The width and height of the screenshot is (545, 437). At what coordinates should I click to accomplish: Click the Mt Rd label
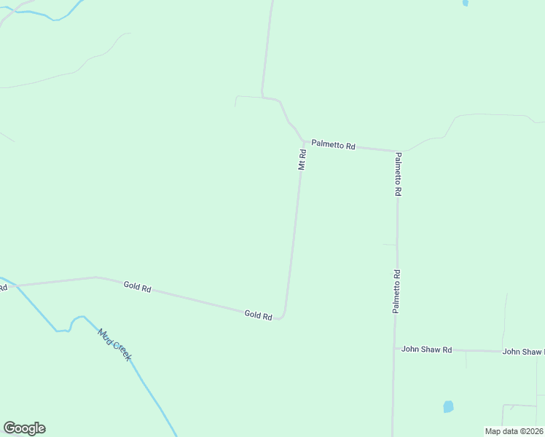302,160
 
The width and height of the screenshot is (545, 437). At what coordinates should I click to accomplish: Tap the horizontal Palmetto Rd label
333,146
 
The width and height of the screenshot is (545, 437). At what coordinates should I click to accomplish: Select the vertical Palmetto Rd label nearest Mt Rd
398,174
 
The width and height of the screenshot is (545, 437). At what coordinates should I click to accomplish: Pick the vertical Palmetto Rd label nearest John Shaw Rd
396,291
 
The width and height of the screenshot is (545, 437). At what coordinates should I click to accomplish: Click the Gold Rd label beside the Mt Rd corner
258,315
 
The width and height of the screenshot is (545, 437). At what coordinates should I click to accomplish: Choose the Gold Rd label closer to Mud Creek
137,288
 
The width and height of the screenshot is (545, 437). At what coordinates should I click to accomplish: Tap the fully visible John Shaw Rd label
427,350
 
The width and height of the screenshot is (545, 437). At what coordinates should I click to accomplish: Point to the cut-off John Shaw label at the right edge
523,352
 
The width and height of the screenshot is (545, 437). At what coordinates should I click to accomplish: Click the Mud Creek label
114,345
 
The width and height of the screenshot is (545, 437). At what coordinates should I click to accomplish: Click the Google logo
24,428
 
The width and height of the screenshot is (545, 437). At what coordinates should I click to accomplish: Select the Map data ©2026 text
514,431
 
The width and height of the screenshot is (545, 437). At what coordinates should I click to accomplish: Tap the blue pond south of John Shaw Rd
448,406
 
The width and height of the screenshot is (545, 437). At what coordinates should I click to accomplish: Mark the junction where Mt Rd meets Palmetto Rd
304,143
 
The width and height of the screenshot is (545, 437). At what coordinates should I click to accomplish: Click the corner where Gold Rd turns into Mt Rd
283,315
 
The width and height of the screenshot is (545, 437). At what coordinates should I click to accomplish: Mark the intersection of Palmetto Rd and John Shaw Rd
394,349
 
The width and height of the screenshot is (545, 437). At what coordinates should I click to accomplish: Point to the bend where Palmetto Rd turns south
396,151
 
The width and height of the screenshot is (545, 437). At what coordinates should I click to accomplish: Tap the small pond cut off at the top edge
465,3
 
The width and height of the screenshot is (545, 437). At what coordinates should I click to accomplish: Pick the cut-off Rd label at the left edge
3,288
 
